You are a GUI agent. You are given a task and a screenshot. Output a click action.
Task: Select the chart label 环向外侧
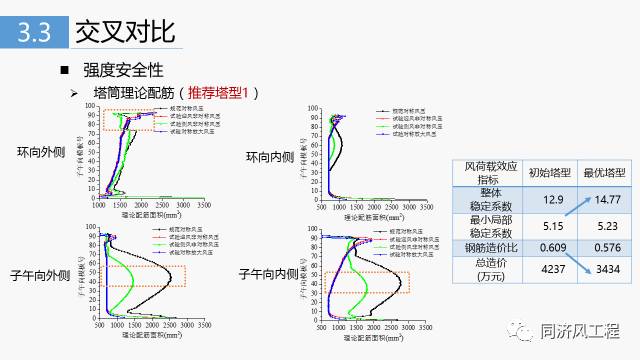click(x=41, y=153)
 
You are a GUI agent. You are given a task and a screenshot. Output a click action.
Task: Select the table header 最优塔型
click(x=604, y=172)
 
